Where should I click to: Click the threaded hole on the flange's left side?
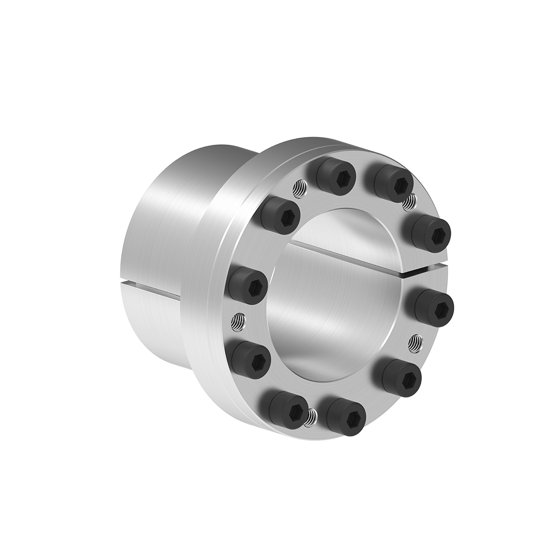point(237,321)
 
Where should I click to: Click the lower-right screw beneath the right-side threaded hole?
point(402,378)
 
